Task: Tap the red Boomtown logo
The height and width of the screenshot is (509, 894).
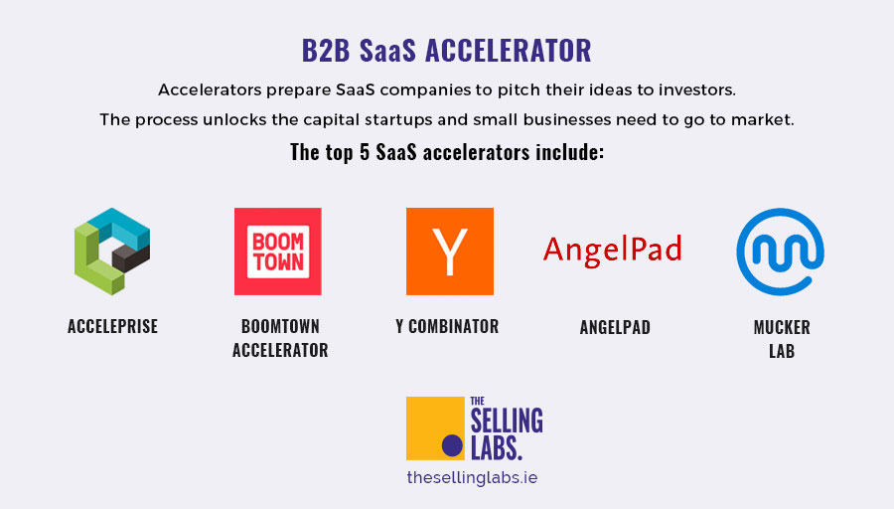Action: click(278, 252)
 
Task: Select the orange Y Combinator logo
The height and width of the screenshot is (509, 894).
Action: click(450, 252)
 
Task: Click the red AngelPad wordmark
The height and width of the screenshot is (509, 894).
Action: click(612, 250)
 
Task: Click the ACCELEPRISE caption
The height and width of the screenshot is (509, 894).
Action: click(112, 326)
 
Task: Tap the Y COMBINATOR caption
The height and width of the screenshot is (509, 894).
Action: click(447, 326)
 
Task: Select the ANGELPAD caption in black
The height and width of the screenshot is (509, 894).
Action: click(615, 327)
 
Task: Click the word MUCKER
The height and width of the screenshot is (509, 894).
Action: click(782, 327)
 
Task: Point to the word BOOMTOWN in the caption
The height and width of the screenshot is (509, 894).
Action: click(280, 326)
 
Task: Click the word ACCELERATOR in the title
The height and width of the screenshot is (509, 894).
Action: click(509, 51)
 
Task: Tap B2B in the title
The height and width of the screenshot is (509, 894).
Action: click(326, 51)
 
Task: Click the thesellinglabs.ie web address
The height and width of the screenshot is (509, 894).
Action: click(472, 477)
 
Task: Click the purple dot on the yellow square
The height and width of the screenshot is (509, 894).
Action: click(452, 445)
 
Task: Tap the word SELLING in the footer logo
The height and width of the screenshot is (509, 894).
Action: click(507, 421)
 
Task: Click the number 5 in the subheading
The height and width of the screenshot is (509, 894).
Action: click(365, 152)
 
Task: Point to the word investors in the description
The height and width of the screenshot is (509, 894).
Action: click(696, 90)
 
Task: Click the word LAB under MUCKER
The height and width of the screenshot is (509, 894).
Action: click(782, 351)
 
